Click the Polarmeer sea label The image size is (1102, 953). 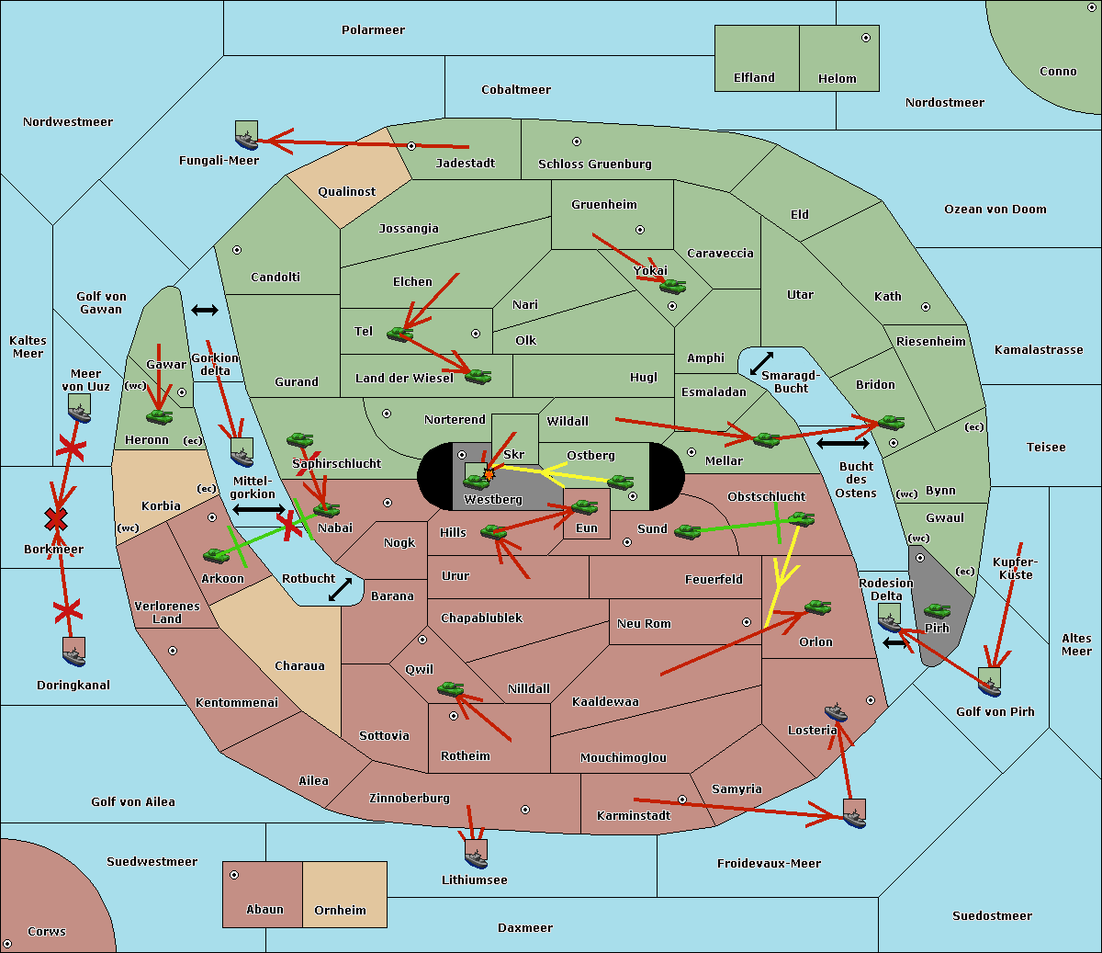point(373,30)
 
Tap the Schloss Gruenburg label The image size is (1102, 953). point(594,165)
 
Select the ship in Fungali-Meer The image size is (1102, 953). point(246,136)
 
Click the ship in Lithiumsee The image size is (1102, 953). point(476,854)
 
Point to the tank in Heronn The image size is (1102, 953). point(160,417)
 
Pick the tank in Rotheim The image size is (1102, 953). point(450,688)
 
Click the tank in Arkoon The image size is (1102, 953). point(217,555)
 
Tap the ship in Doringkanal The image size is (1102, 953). point(74,652)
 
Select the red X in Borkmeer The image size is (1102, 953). point(56,520)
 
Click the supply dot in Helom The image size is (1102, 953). point(865,38)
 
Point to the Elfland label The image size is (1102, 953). point(754,78)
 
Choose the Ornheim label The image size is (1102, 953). point(340,911)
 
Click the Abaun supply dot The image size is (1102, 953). point(234,875)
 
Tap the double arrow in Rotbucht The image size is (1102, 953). point(340,590)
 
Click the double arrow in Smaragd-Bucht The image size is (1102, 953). point(761,364)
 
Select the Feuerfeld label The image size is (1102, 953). point(714,580)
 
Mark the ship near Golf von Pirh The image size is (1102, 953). point(989,682)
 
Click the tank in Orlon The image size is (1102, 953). point(817,607)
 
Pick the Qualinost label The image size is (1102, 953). point(346,192)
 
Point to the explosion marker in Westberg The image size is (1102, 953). point(489,474)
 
